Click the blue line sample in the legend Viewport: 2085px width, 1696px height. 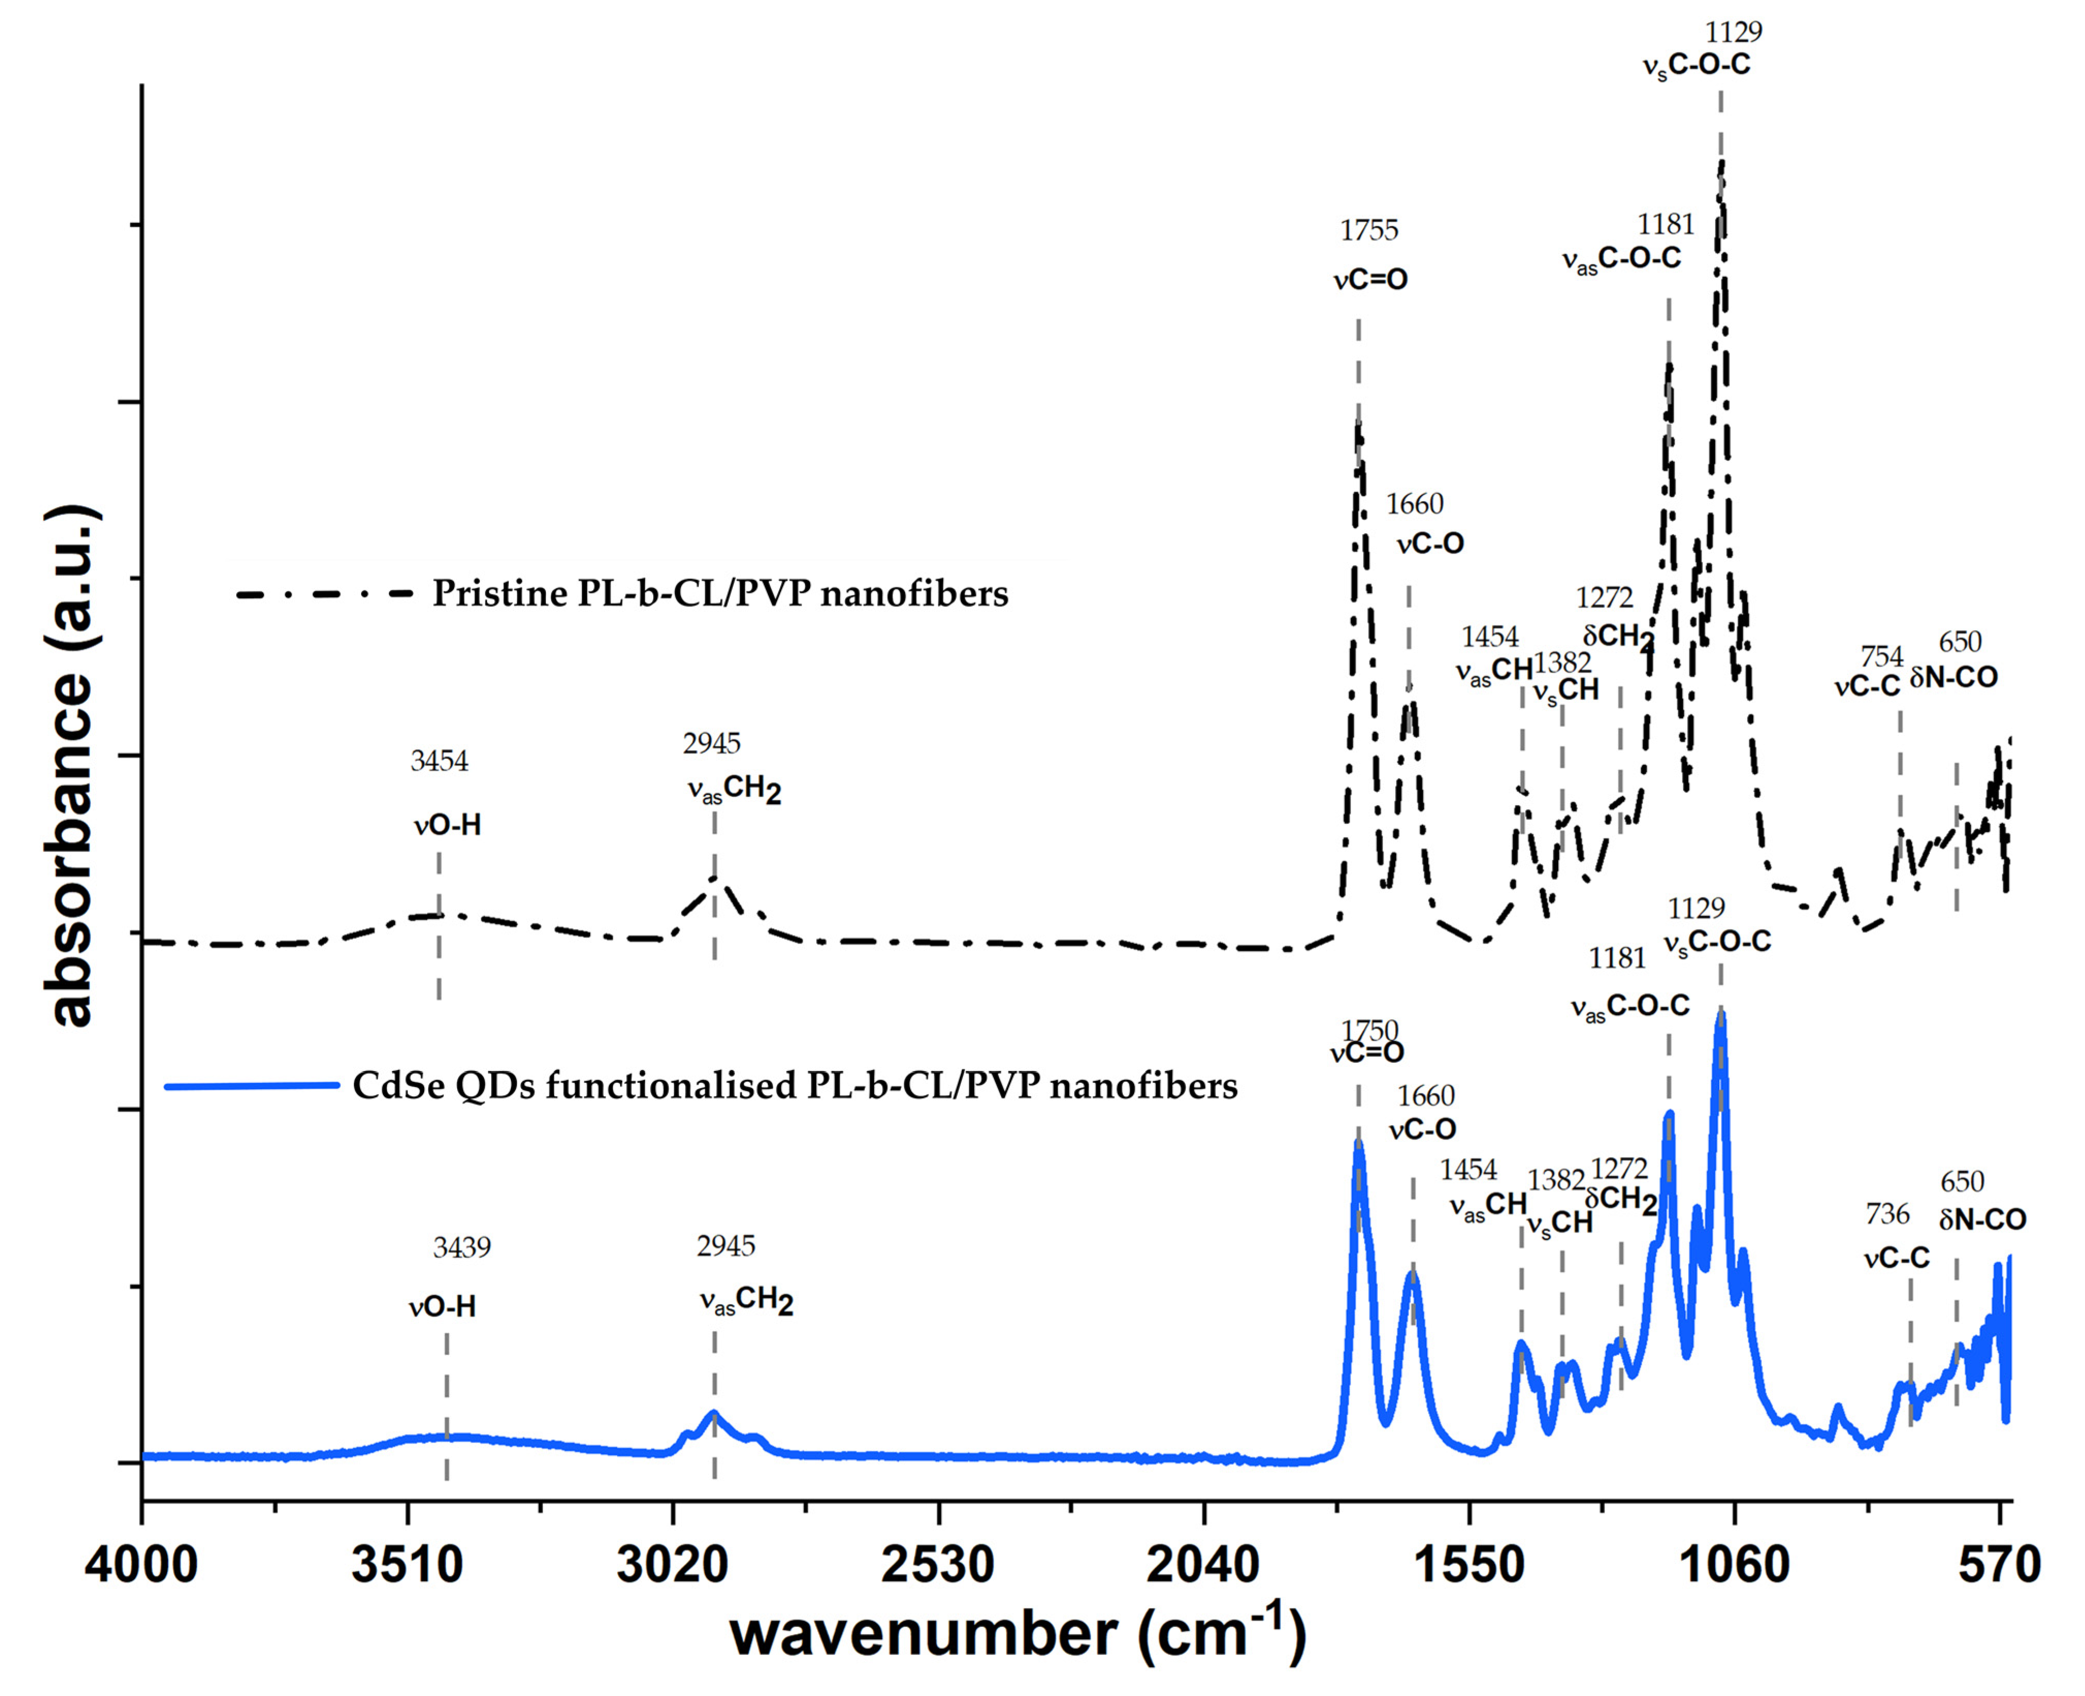(251, 1085)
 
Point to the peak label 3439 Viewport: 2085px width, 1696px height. (462, 1247)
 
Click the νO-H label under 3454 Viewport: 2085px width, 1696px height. (447, 825)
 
